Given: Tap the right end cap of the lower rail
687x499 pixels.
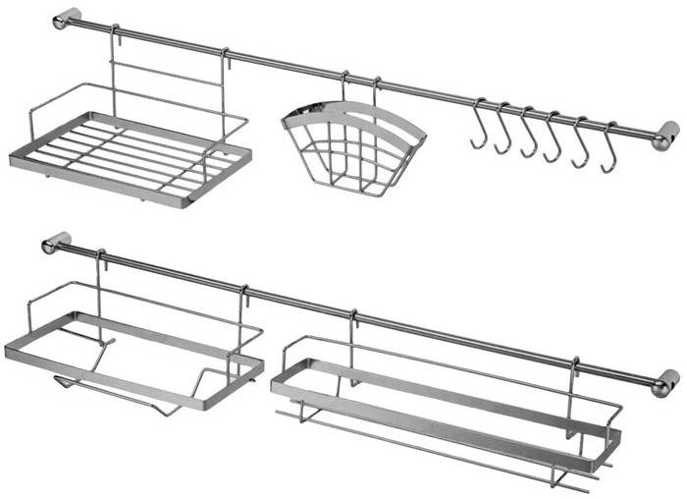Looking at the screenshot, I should pyautogui.click(x=665, y=381).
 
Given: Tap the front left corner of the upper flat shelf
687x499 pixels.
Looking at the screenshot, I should pyautogui.click(x=14, y=159).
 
